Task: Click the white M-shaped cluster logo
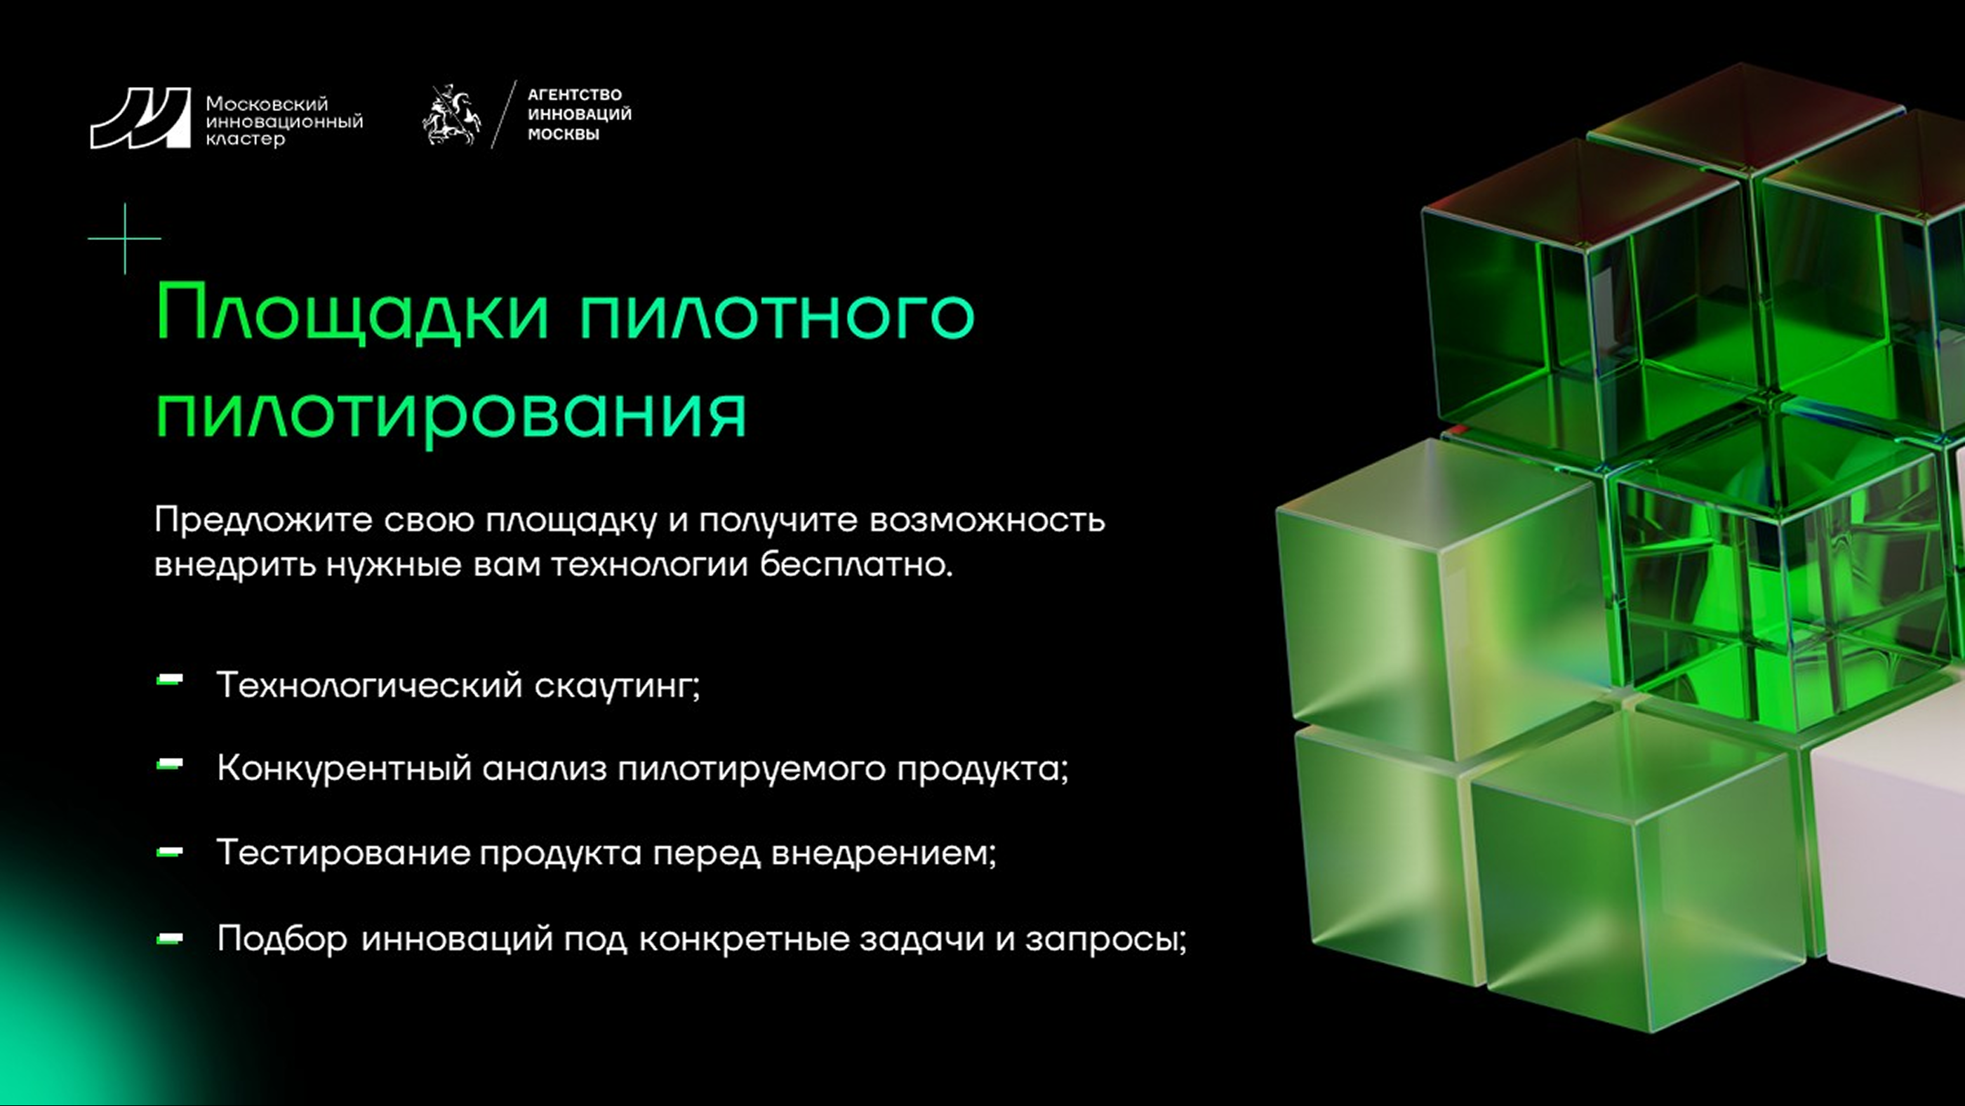point(140,117)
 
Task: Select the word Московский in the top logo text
point(267,104)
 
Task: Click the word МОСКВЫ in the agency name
point(564,134)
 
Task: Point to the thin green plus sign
point(124,239)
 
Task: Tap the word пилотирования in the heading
point(451,414)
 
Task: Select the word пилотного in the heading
point(778,314)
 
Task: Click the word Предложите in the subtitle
point(263,521)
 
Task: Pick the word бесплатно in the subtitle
point(856,564)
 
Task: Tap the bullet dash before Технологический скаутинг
point(169,679)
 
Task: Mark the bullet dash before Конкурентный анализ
point(169,764)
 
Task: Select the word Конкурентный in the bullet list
point(345,768)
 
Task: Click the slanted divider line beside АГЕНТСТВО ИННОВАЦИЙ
point(503,114)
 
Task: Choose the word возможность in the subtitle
point(987,520)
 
